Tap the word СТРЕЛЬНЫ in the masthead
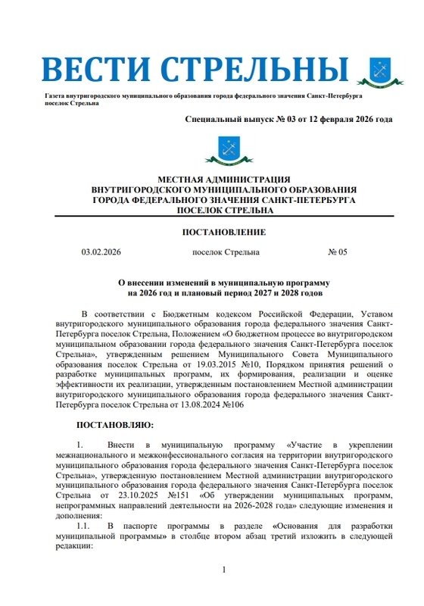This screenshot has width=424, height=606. [x=251, y=70]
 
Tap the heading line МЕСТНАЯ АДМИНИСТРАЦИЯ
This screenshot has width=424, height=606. [x=223, y=179]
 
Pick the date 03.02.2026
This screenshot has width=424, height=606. [x=101, y=252]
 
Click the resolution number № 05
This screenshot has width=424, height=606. [x=337, y=252]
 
